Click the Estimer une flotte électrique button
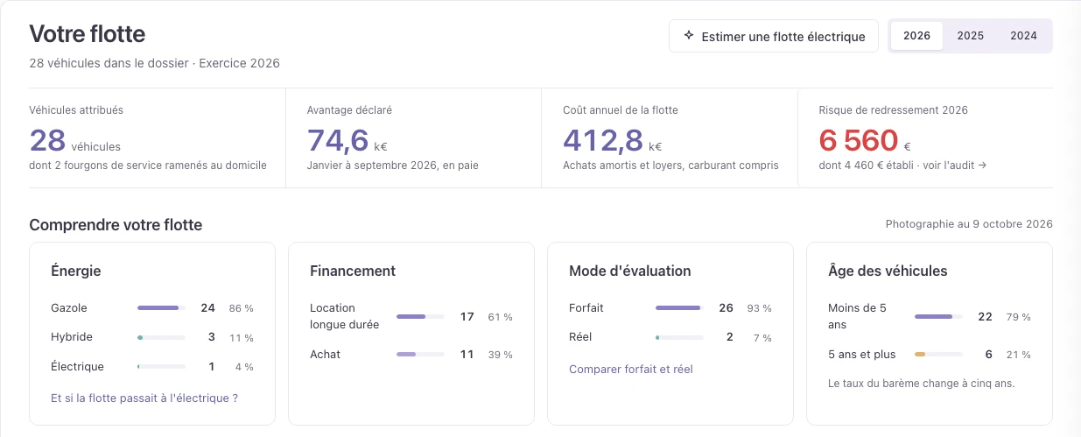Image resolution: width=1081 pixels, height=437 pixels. point(773,36)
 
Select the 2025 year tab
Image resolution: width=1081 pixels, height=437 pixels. point(970,36)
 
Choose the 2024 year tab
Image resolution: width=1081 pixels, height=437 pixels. point(1023,36)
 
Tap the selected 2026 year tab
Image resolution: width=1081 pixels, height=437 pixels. point(916,36)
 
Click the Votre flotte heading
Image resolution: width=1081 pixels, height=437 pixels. point(88,34)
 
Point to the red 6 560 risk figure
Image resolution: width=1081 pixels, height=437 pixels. point(858,140)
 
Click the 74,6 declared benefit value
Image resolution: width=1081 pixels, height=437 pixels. point(338,140)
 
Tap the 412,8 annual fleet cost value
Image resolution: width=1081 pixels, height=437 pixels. point(603,140)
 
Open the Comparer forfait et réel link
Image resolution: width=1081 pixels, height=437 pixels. point(631,369)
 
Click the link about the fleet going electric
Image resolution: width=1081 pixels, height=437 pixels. point(144,398)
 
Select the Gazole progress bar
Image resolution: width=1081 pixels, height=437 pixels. point(161,307)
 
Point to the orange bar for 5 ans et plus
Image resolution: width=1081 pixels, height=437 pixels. point(920,354)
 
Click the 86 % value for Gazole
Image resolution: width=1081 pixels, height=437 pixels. point(242,308)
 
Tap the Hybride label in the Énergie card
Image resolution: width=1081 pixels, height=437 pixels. point(72,336)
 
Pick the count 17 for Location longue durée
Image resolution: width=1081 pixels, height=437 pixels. point(467,317)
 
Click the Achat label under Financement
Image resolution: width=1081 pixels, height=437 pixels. point(325,354)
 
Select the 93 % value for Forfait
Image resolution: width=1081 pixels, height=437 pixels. point(759,308)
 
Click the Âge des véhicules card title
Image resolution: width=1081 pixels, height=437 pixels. point(888,271)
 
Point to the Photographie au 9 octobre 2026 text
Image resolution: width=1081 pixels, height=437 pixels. point(969,224)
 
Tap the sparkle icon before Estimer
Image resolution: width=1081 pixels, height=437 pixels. point(689,35)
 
